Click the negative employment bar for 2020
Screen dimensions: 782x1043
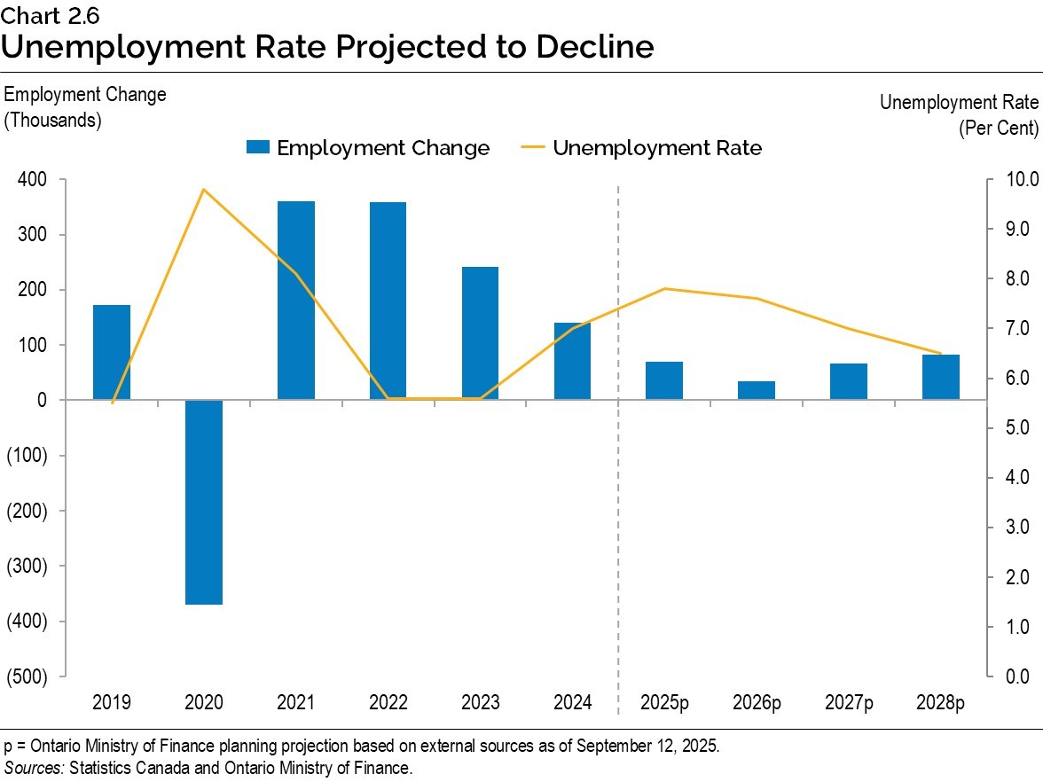click(204, 502)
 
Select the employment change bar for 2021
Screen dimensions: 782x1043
click(296, 301)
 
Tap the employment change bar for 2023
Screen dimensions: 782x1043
click(480, 333)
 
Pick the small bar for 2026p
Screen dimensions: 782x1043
click(757, 391)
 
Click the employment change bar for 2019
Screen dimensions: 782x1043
click(112, 352)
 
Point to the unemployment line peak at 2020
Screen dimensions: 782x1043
click(204, 190)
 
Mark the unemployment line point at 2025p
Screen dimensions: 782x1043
click(664, 289)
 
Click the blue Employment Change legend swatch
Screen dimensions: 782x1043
click(258, 148)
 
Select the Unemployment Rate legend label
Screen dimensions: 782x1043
click(656, 148)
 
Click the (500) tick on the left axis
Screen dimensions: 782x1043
click(27, 676)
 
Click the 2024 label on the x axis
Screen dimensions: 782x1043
click(572, 703)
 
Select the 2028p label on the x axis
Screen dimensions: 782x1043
click(941, 703)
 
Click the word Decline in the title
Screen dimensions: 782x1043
click(594, 46)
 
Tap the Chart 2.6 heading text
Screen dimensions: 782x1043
click(43, 14)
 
